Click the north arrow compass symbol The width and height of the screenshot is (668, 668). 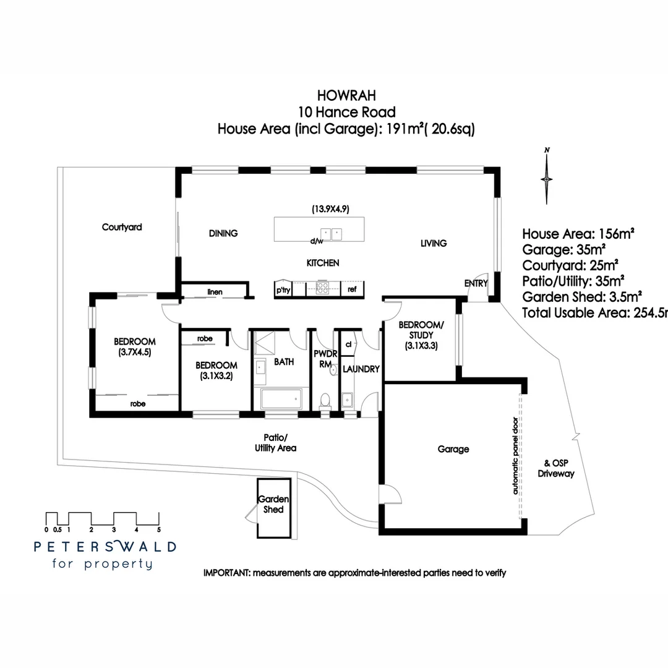point(546,178)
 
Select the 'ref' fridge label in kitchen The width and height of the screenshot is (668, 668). point(352,289)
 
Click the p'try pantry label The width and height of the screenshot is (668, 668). point(283,289)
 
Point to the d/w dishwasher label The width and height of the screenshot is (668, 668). point(317,241)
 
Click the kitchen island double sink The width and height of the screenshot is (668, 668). point(330,234)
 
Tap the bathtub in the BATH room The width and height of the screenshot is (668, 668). point(283,399)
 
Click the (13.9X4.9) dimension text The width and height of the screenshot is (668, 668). point(331,209)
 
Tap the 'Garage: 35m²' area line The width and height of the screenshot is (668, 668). point(563,250)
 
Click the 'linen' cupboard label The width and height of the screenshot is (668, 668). point(215,291)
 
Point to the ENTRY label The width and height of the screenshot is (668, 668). point(476,283)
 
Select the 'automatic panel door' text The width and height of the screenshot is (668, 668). point(515,455)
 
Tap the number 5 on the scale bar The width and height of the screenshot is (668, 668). point(159,529)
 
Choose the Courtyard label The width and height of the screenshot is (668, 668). point(122,227)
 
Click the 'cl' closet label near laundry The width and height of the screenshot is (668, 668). point(348,344)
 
